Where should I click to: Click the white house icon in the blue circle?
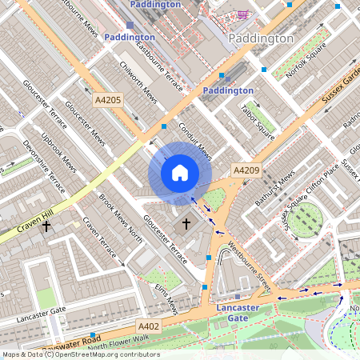pyautogui.click(x=180, y=172)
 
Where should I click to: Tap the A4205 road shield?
pyautogui.click(x=108, y=100)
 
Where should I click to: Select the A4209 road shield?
pyautogui.click(x=246, y=170)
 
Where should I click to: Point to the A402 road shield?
pyautogui.click(x=148, y=326)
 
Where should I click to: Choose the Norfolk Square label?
pyautogui.click(x=299, y=58)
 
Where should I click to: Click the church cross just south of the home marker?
pyautogui.click(x=186, y=223)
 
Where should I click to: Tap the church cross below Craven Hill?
pyautogui.click(x=46, y=226)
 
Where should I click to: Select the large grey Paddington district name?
pyautogui.click(x=260, y=38)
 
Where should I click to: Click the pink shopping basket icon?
pyautogui.click(x=242, y=14)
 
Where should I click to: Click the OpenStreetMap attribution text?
pyautogui.click(x=81, y=354)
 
